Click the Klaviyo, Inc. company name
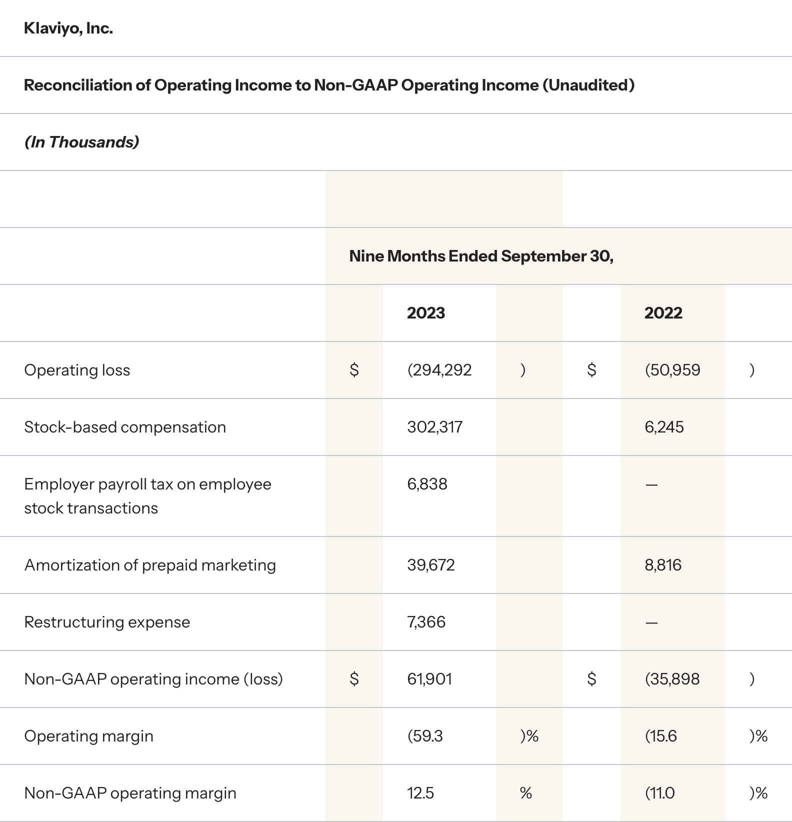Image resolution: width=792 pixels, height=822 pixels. pos(68,28)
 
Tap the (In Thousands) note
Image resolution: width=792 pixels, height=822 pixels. pos(81,142)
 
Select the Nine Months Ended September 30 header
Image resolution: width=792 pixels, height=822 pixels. pos(481,256)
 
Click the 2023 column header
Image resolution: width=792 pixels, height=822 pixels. pos(425,313)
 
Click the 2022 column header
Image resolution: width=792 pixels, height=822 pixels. pos(663,313)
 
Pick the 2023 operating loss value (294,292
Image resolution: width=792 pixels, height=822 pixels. pos(439,370)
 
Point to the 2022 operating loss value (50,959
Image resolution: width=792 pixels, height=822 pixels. pos(672,370)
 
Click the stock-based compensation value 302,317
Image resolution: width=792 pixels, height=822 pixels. pos(434,427)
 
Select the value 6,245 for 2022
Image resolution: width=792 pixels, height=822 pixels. pos(664,427)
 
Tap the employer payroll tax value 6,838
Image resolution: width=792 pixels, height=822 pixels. pos(427,484)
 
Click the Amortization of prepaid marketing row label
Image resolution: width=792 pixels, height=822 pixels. pos(150,565)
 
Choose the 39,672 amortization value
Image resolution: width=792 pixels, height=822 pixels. pos(430,565)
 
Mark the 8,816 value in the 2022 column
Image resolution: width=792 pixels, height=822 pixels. pos(663,565)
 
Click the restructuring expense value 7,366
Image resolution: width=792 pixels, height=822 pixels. pos(426,622)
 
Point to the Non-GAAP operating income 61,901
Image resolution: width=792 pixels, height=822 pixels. pos(429,679)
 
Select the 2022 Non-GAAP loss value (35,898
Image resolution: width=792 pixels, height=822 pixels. pos(672,679)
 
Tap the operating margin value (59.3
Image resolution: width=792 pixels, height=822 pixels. pos(425,736)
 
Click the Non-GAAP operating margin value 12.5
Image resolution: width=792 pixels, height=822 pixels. pos(420,793)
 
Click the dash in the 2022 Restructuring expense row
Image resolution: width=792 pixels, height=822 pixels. pos(651,623)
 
